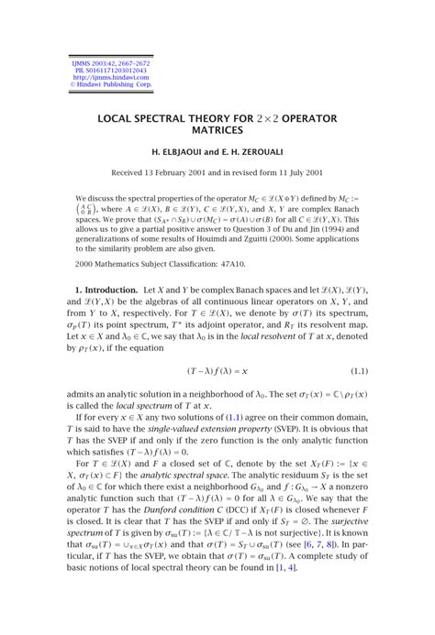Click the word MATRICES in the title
217,132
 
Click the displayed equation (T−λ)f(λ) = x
217,371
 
